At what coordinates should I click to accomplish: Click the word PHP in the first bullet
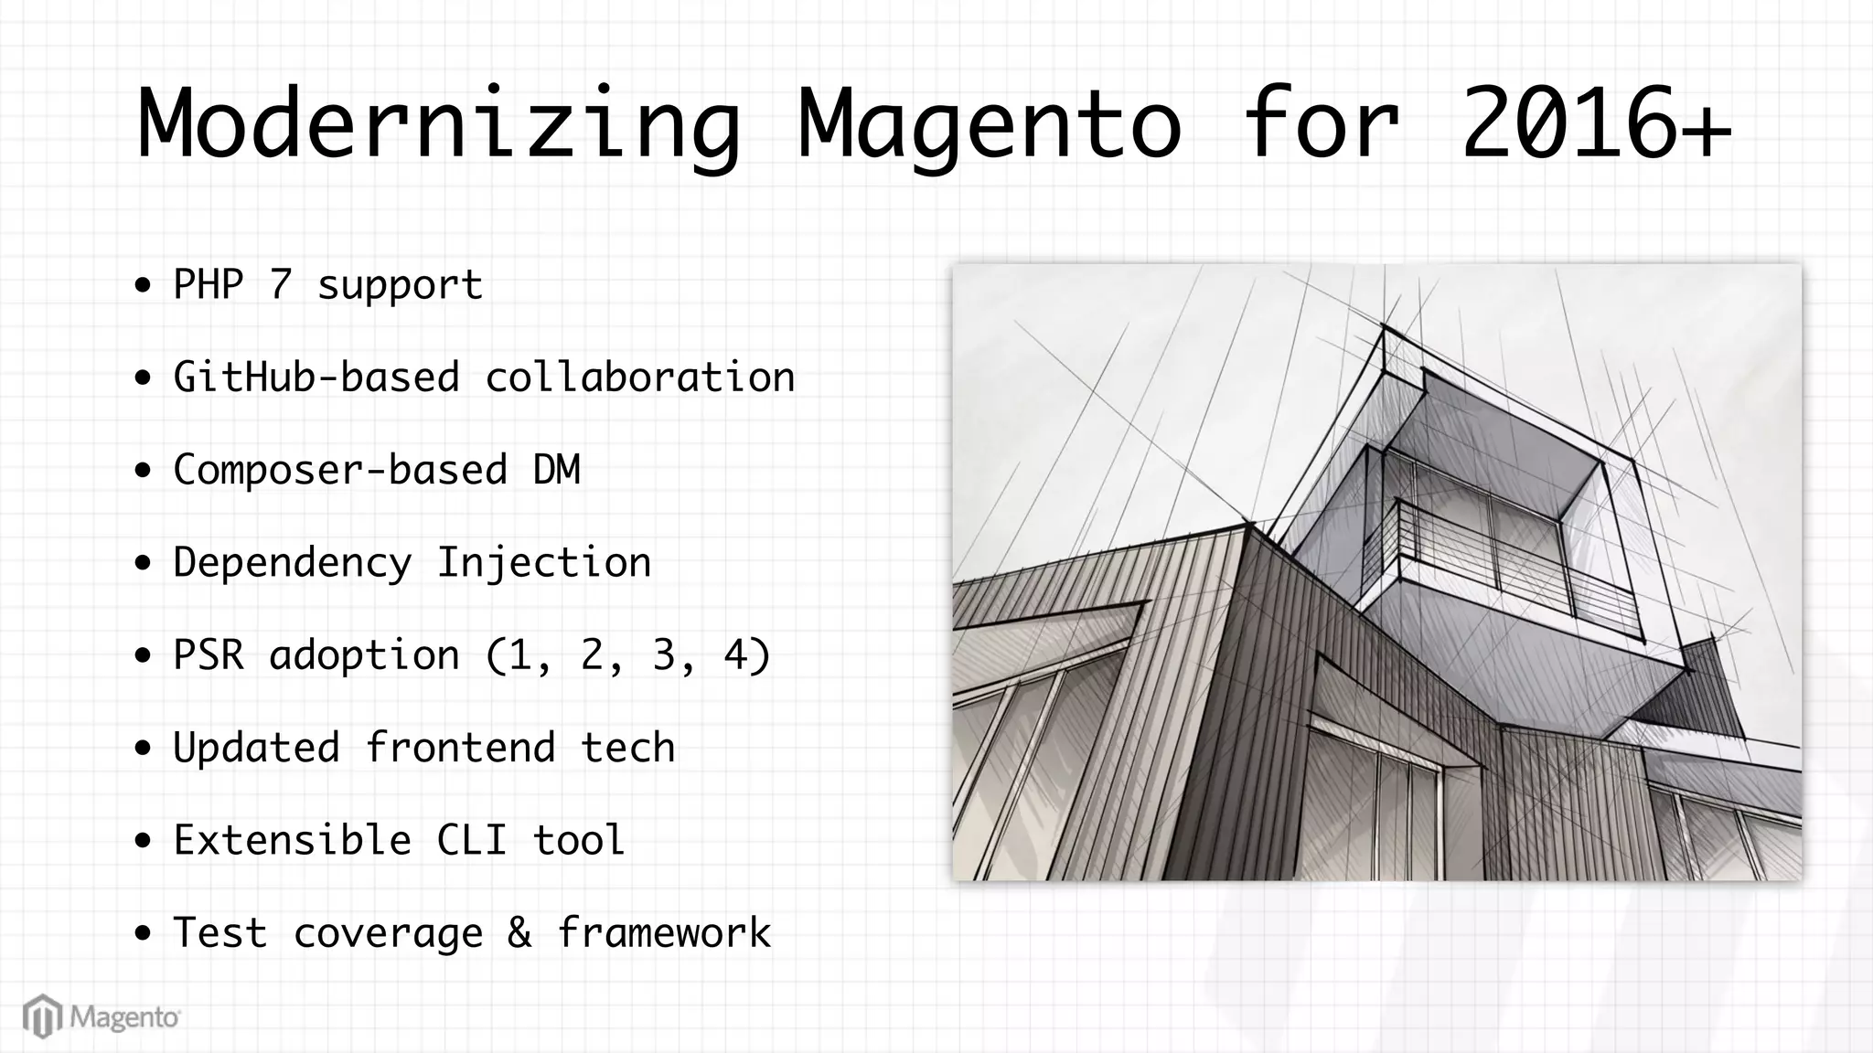click(209, 284)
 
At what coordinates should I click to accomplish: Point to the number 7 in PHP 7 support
click(281, 284)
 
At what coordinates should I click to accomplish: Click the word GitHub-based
click(316, 377)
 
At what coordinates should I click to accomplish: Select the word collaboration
click(640, 377)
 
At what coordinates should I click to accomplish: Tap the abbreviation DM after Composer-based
click(556, 470)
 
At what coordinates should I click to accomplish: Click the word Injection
click(544, 562)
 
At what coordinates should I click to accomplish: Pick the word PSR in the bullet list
click(209, 655)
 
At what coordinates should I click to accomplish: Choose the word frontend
click(460, 748)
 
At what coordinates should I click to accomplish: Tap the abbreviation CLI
click(472, 840)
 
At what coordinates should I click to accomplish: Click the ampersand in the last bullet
click(519, 933)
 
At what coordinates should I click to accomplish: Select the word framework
click(664, 933)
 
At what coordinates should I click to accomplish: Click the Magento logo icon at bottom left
click(42, 1016)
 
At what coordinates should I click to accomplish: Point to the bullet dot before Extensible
click(143, 841)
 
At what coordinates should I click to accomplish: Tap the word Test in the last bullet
click(220, 933)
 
